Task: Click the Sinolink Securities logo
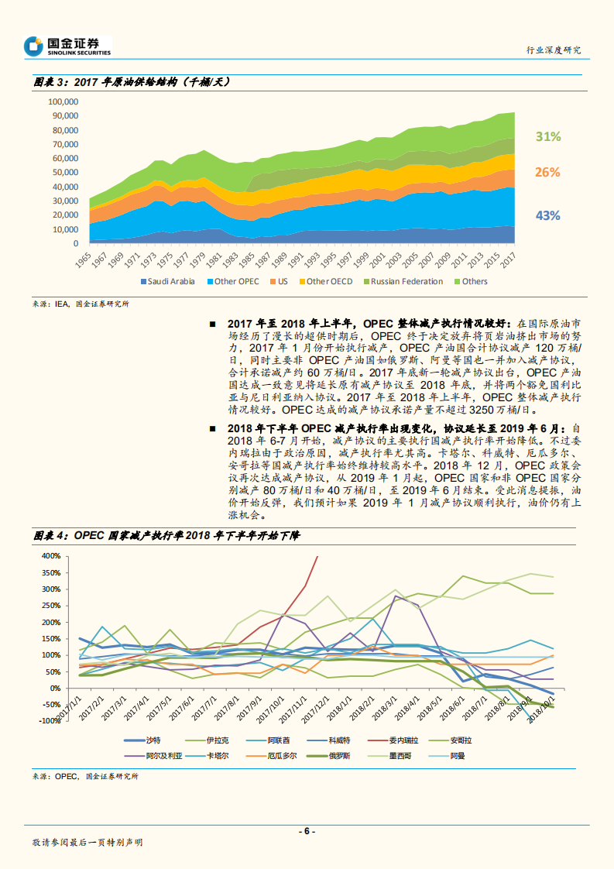[67, 46]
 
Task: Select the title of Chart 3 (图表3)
[132, 82]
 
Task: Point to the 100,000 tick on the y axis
[63, 101]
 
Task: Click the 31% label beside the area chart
[547, 136]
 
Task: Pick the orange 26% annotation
[547, 172]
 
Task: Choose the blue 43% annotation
[547, 215]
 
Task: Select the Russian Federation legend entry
[406, 282]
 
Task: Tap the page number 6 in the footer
[307, 831]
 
